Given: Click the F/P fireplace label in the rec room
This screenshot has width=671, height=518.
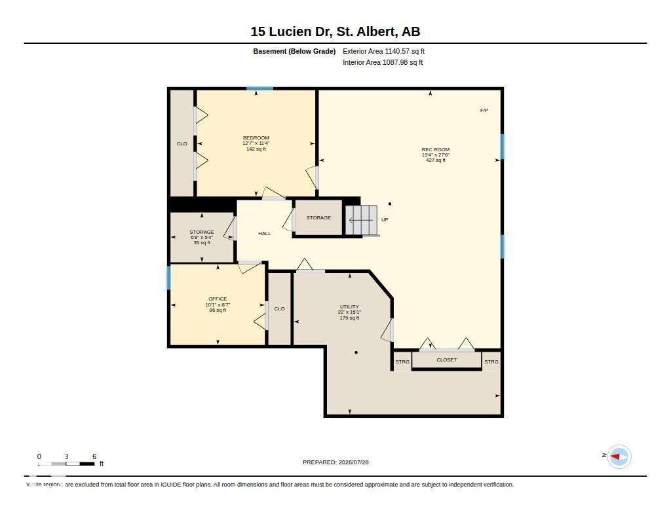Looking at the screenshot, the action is pos(484,111).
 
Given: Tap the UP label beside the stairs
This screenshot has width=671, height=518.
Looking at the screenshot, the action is pos(385,220).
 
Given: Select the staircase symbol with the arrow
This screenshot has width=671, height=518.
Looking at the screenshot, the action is pos(362,220).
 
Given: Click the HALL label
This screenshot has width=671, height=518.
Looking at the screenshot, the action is pos(265,234).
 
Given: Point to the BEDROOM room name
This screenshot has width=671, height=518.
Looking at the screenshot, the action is pos(256,138).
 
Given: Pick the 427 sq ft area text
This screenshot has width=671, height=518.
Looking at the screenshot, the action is pos(436,160).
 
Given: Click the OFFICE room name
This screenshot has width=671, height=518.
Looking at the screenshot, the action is pos(218,299).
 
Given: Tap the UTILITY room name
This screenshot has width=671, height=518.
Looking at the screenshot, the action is pos(349,306).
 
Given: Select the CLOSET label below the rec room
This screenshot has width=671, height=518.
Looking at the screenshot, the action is pos(447,360).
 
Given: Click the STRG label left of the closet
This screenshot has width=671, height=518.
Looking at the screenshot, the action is pos(402,362).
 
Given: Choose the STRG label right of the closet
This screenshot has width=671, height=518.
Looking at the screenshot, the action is pos(491,362).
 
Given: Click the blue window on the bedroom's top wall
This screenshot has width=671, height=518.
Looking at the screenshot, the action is pos(259,88).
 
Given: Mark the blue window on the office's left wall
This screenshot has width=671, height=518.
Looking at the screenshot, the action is pos(168,278).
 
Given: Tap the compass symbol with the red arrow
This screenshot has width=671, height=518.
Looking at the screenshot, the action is pos(619,457).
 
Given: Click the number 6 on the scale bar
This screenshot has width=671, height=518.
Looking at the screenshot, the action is pos(94,456).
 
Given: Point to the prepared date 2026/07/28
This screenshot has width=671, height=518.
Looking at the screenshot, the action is pos(353,462).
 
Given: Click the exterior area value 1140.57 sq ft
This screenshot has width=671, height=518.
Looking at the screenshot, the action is pos(405,51).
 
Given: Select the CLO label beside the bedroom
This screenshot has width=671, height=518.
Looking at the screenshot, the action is pos(182,143).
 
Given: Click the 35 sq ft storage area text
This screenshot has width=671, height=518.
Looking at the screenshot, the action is pos(202,242).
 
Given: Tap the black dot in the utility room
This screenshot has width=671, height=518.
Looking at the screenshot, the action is pos(356,352).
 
